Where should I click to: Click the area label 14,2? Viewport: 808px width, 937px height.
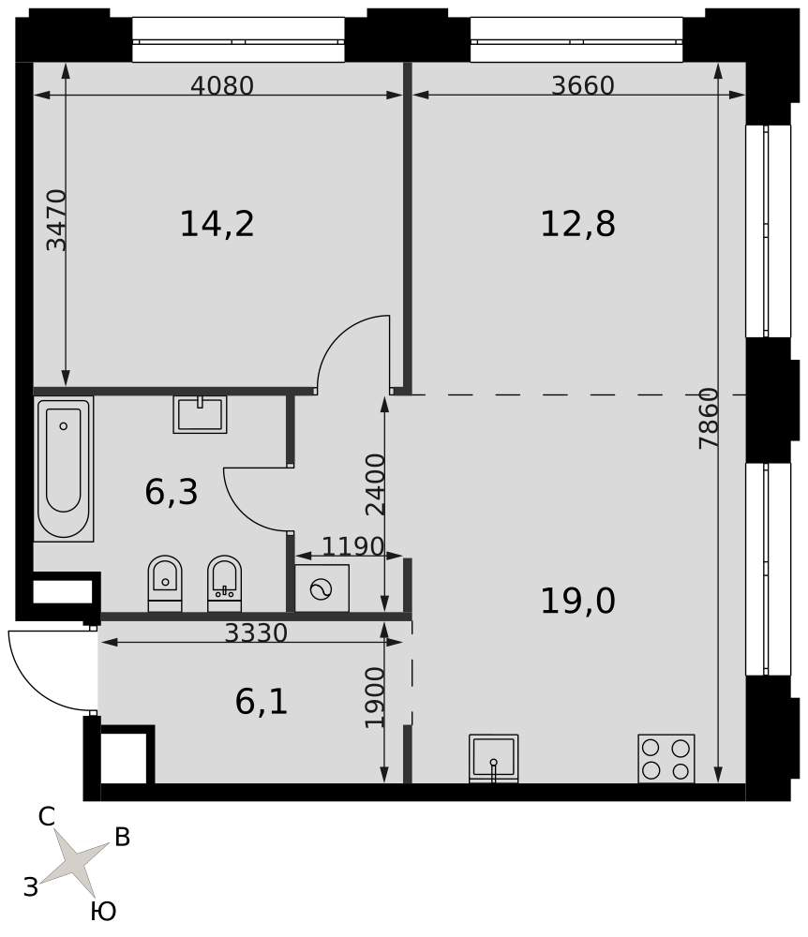[x=217, y=224]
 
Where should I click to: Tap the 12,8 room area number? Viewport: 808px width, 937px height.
[x=577, y=224]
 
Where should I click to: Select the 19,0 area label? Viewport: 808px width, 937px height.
[x=577, y=601]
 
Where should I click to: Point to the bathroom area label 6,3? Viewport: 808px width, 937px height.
[x=171, y=493]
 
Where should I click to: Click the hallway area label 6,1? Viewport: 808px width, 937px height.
[x=262, y=702]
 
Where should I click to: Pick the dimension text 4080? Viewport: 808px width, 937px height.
[x=222, y=85]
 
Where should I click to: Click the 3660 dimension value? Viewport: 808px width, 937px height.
[x=583, y=85]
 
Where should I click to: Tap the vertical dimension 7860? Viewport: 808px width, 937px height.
[x=709, y=418]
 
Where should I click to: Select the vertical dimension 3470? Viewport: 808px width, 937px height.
[x=57, y=220]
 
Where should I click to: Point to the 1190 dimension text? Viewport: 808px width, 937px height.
[x=352, y=545]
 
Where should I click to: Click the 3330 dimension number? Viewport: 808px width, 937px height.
[x=256, y=632]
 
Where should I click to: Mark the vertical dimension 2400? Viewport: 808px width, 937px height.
[x=376, y=484]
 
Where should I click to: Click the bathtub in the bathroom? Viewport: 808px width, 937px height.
[x=64, y=468]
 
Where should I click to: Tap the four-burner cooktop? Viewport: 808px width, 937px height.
[x=666, y=758]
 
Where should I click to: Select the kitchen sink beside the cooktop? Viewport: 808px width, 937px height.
[x=494, y=758]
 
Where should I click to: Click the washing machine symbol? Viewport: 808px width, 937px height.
[x=322, y=589]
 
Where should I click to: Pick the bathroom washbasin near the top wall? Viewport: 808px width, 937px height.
[x=201, y=414]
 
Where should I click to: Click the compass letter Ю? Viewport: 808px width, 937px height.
[x=103, y=913]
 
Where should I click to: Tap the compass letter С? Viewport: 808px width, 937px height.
[x=47, y=817]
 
